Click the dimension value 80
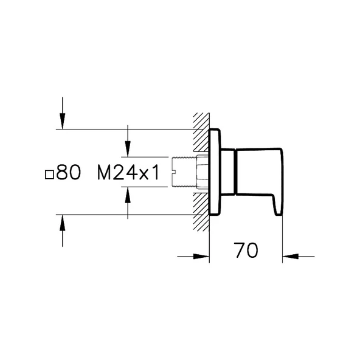point(69,173)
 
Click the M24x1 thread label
point(128,173)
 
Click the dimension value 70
point(246,250)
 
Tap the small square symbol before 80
point(49,175)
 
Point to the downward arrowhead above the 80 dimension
point(62,121)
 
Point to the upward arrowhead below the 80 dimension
point(62,223)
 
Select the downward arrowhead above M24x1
point(128,149)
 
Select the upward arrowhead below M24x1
point(128,195)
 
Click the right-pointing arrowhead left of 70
point(201,256)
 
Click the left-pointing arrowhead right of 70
point(291,256)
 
